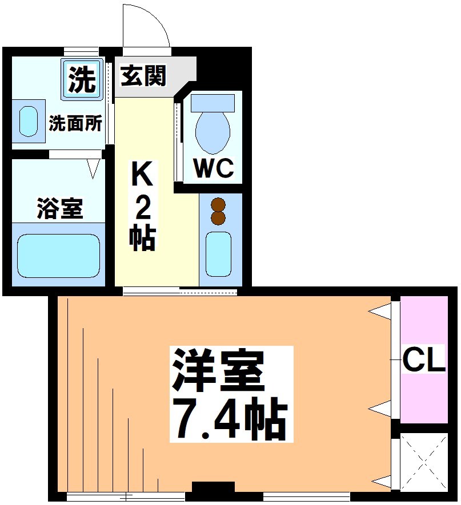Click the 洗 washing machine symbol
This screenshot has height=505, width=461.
pyautogui.click(x=82, y=79)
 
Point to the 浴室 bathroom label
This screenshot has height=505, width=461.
pyautogui.click(x=59, y=208)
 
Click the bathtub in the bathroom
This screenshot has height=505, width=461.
pyautogui.click(x=58, y=255)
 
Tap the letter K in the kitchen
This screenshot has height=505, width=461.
pyautogui.click(x=142, y=174)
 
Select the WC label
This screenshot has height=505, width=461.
pyautogui.click(x=213, y=168)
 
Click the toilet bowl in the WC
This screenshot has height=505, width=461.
pyautogui.click(x=213, y=131)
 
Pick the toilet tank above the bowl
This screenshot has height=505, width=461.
pyautogui.click(x=213, y=103)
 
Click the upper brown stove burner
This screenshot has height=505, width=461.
pyautogui.click(x=218, y=205)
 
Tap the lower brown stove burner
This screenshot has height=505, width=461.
pyautogui.click(x=218, y=218)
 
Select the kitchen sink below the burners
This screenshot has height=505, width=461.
pyautogui.click(x=218, y=254)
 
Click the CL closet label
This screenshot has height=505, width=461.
pyautogui.click(x=423, y=360)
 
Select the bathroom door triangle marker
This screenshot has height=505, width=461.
pyautogui.click(x=94, y=168)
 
